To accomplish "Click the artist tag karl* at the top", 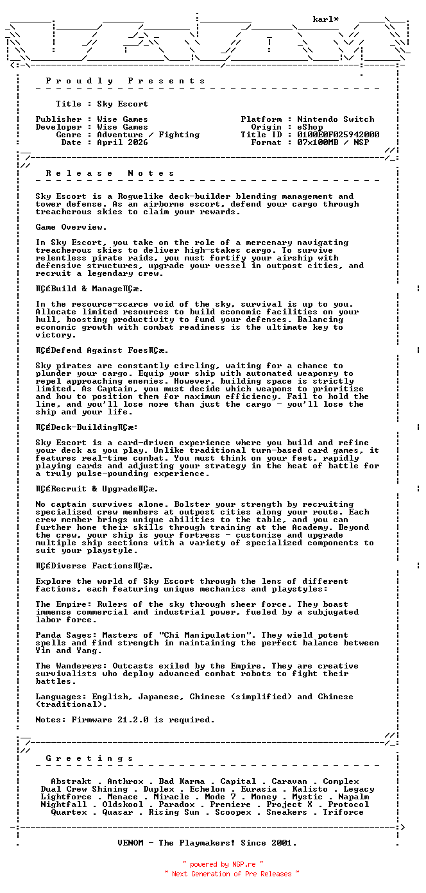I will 326,19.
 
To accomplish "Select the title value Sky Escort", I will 123,104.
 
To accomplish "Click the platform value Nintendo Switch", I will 336,119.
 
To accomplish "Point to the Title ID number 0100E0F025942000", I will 338,135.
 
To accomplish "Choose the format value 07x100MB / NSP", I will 333,142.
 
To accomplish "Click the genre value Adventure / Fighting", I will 148,135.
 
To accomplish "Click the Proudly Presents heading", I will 125,81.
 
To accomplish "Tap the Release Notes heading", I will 110,173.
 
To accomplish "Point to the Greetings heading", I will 89,758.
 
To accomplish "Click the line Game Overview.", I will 71,227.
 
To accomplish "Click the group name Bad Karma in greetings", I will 182,781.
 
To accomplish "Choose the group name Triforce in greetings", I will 343,812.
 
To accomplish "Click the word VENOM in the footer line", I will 133,843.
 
